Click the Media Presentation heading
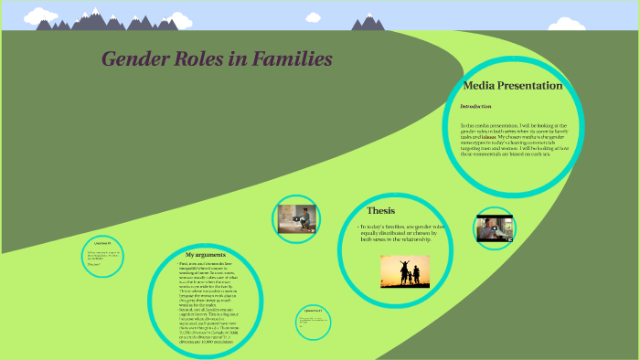click(512, 86)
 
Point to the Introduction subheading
click(476, 106)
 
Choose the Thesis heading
click(380, 210)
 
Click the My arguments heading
click(205, 253)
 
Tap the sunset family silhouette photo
click(405, 270)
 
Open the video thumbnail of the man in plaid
click(495, 228)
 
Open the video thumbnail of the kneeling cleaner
click(297, 218)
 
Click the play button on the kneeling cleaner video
click(297, 218)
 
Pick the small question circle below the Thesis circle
click(312, 320)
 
